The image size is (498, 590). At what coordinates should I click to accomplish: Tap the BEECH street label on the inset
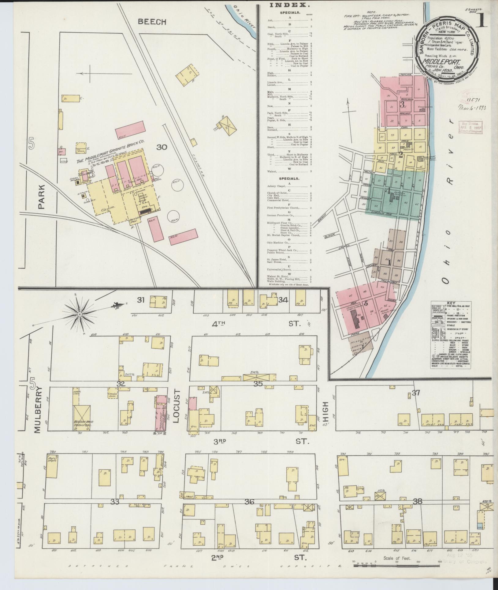pyautogui.click(x=152, y=22)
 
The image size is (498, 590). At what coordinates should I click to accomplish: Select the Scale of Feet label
pyautogui.click(x=397, y=558)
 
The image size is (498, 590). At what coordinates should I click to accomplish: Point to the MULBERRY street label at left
pyautogui.click(x=37, y=410)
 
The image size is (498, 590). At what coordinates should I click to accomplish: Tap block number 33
pyautogui.click(x=115, y=502)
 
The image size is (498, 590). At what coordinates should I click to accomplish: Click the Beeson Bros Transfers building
pyautogui.click(x=82, y=418)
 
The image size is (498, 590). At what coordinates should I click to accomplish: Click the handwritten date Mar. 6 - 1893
pyautogui.click(x=473, y=108)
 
